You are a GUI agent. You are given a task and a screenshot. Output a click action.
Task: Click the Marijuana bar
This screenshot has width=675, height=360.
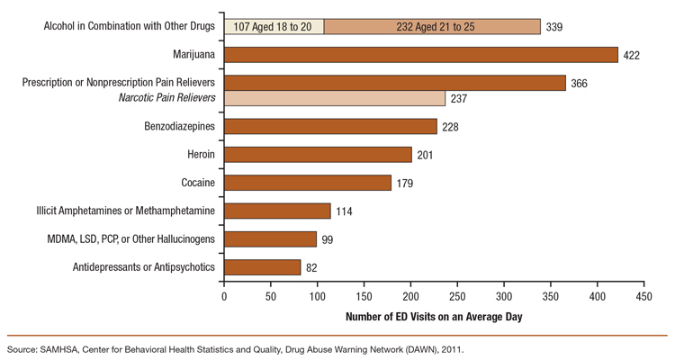(x=420, y=55)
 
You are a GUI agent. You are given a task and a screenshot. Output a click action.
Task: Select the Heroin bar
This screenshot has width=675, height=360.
(x=318, y=155)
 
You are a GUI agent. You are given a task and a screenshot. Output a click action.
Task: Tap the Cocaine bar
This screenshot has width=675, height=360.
(x=307, y=183)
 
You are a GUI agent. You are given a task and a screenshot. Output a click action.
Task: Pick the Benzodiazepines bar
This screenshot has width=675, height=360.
(x=330, y=126)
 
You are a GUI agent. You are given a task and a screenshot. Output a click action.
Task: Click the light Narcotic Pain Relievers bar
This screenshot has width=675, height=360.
(x=334, y=98)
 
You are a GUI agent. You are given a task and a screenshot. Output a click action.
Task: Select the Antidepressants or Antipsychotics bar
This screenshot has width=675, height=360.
(x=262, y=267)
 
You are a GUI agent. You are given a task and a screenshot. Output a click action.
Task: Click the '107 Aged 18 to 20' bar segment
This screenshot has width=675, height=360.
(x=274, y=27)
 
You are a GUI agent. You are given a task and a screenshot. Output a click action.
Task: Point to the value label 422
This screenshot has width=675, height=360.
(x=633, y=56)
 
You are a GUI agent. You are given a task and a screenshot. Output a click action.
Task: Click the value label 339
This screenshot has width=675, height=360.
(x=555, y=27)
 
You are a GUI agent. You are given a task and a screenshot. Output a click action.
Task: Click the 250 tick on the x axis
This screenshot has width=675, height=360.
(x=457, y=295)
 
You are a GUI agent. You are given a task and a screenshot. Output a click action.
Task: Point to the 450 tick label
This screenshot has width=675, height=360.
(x=643, y=295)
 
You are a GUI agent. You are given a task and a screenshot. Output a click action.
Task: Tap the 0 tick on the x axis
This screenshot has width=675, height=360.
(x=224, y=295)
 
